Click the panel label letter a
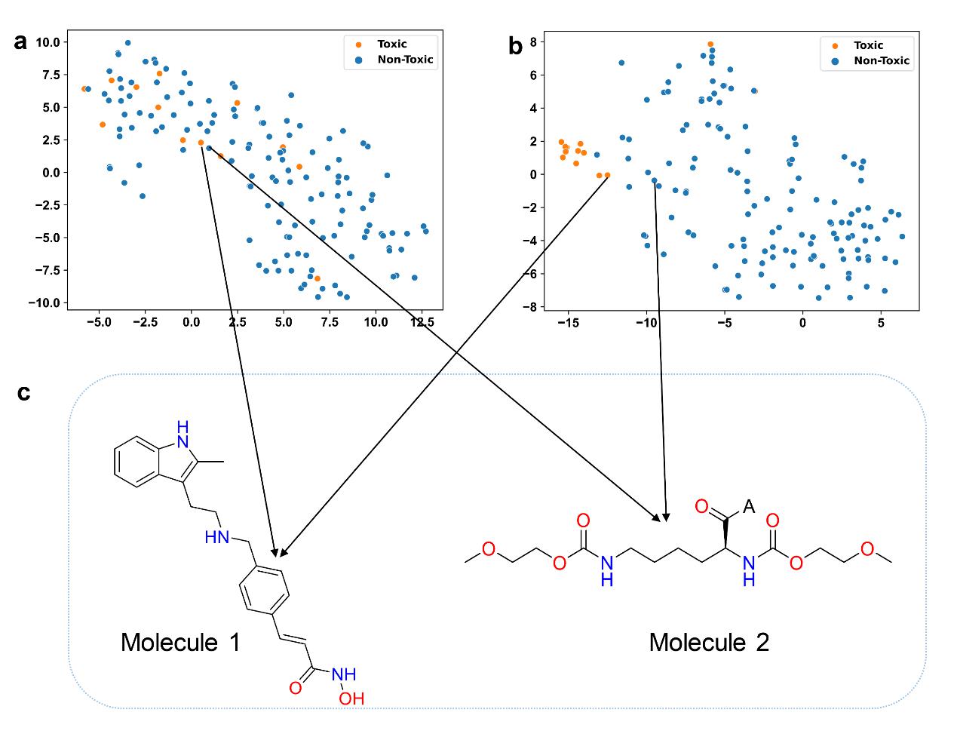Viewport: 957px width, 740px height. click(x=20, y=42)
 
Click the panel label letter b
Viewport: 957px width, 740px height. click(x=516, y=47)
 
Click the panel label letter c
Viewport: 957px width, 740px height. click(x=23, y=392)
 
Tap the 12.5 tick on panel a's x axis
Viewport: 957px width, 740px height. click(x=422, y=322)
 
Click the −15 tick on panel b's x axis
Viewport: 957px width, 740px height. click(x=567, y=323)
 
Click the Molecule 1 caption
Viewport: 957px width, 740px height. click(x=180, y=643)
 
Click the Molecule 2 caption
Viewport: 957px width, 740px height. click(x=709, y=643)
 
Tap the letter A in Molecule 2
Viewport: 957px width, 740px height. click(x=748, y=507)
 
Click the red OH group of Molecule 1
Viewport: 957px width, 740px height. click(x=351, y=699)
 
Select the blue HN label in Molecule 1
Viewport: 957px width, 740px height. click(x=216, y=537)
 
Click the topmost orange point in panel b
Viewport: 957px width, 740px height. click(x=710, y=45)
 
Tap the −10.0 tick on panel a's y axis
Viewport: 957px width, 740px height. click(x=43, y=302)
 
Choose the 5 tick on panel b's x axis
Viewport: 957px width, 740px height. click(x=881, y=323)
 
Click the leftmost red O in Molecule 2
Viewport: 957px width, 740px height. click(x=489, y=549)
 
